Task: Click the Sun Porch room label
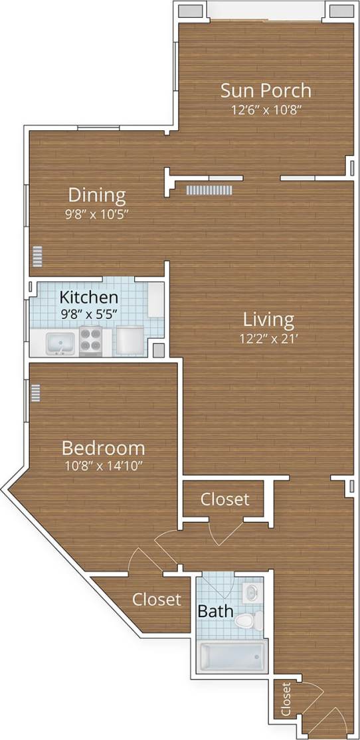coord(266,90)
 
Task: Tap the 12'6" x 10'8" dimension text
coord(266,110)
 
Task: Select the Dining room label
coord(97,195)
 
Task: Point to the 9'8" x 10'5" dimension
coord(97,214)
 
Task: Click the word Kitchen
coord(89,297)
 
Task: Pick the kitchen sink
coord(61,343)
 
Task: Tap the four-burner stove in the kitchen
coord(91,340)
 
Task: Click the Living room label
coord(268,320)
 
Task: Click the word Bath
coord(215,610)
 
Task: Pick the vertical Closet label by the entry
coord(286,699)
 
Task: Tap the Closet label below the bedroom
coord(156,600)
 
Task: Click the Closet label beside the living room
coord(225,499)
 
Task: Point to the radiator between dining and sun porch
coord(209,191)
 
